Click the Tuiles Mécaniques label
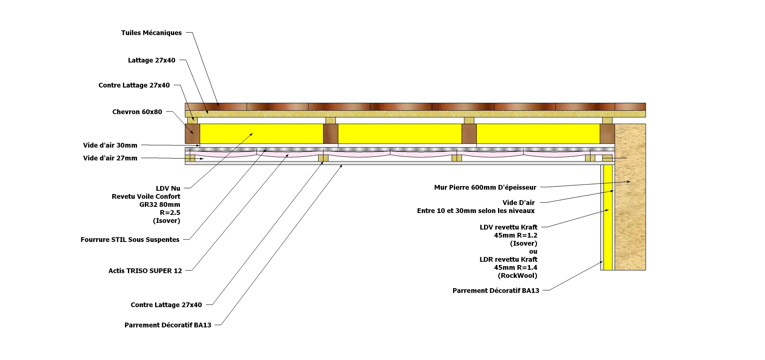click(x=151, y=33)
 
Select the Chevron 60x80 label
click(x=137, y=112)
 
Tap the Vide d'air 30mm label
click(x=110, y=145)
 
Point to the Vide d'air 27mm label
click(x=110, y=158)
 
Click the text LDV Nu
click(x=168, y=189)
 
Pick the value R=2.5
click(x=170, y=213)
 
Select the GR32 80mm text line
click(x=160, y=205)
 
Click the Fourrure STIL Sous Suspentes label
click(x=130, y=239)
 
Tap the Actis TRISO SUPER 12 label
click(x=145, y=271)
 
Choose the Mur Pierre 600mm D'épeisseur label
click(x=485, y=187)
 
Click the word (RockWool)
click(x=517, y=276)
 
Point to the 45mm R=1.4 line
click(x=515, y=268)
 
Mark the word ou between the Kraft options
click(x=533, y=251)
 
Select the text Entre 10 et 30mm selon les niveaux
click(x=476, y=211)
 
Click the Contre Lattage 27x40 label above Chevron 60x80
click(x=134, y=85)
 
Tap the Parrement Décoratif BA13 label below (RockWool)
click(x=496, y=291)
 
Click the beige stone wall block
click(x=630, y=206)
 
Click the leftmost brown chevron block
click(x=192, y=134)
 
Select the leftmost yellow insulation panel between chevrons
click(x=262, y=134)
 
